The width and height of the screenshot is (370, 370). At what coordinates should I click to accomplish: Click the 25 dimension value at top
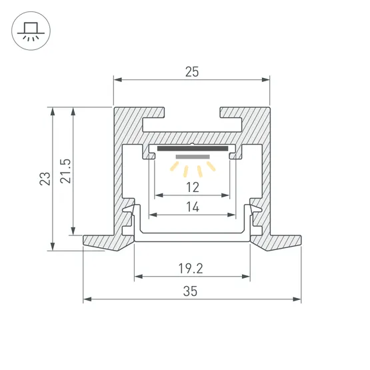coord(192,72)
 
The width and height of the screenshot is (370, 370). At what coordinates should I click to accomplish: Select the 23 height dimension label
coord(45,179)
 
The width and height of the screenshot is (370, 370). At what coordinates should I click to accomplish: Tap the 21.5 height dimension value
coord(65,171)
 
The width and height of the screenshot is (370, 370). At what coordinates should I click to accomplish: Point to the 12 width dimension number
coord(193,187)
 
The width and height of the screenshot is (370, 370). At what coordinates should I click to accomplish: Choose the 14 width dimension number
coord(193,207)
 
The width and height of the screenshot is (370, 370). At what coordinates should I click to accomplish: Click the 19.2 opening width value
coord(191,269)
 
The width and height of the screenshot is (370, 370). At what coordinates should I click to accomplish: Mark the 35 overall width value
coord(190,291)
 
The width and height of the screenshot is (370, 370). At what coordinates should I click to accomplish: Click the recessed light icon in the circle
coord(31,31)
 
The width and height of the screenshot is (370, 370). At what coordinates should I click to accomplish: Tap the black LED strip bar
coord(193,149)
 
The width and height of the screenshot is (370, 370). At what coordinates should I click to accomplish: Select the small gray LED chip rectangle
coord(193,157)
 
